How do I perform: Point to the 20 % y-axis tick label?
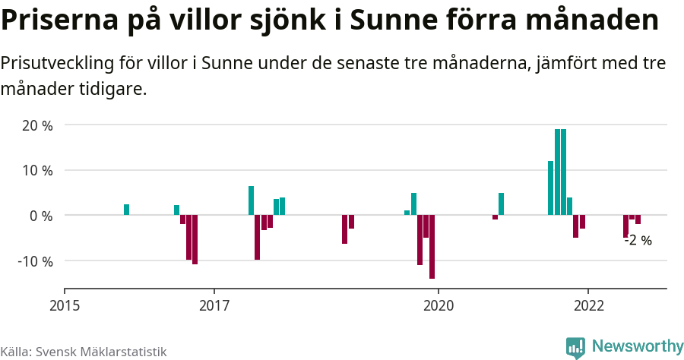[x=36, y=125]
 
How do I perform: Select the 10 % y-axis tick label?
[x=36, y=171]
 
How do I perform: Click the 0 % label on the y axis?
[x=41, y=216]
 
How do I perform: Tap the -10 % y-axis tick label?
[x=34, y=261]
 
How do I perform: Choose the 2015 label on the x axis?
[x=65, y=305]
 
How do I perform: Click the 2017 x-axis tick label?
[x=214, y=305]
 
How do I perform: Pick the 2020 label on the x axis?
[x=439, y=305]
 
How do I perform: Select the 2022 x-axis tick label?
[x=588, y=305]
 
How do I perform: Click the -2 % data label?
[x=638, y=241]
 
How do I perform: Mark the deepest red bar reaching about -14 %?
[x=432, y=247]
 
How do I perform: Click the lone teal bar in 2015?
[x=126, y=210]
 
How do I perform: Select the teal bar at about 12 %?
[x=550, y=188]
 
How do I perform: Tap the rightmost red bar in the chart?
[x=638, y=219]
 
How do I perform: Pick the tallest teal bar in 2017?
[x=251, y=201]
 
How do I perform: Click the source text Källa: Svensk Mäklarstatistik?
[x=84, y=352]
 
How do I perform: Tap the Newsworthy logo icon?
[x=575, y=347]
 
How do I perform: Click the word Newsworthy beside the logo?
[x=637, y=346]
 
